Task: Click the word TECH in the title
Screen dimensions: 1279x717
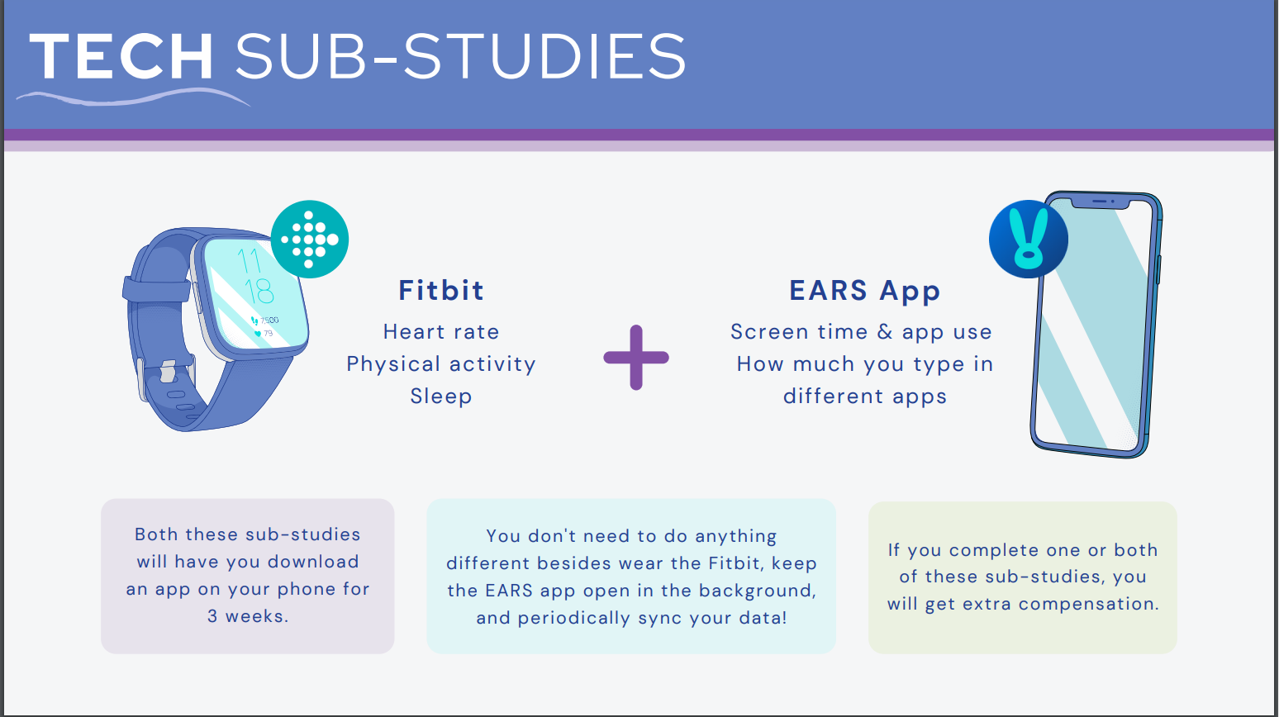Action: (x=121, y=56)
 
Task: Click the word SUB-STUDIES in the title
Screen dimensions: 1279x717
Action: (x=460, y=56)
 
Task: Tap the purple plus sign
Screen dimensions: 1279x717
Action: (x=636, y=358)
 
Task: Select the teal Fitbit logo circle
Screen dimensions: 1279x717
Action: (x=310, y=240)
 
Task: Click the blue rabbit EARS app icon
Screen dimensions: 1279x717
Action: (x=1029, y=240)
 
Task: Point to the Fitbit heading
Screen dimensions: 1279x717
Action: (x=441, y=290)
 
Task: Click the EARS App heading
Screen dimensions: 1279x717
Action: (x=864, y=291)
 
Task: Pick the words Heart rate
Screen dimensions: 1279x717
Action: (x=441, y=332)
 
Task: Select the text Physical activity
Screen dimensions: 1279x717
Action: (x=441, y=364)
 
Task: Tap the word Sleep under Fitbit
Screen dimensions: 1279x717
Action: (x=441, y=396)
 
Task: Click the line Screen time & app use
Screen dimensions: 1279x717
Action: (x=862, y=332)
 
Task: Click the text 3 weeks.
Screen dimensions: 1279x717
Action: (x=248, y=616)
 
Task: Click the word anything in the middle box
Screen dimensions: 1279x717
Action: (x=736, y=537)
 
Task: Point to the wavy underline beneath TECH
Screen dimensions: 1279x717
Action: (x=134, y=97)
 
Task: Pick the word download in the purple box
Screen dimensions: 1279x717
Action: (x=313, y=561)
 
